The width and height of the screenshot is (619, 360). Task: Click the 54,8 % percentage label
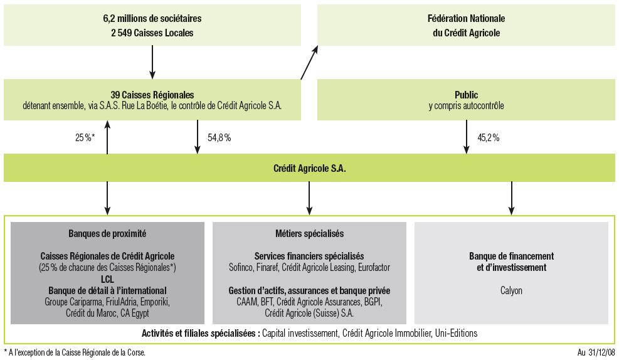[x=219, y=138]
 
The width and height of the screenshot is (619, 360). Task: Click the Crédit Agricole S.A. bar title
[x=309, y=169]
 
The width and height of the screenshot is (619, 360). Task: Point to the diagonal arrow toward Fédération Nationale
[x=309, y=63]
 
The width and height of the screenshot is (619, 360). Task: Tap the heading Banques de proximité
[x=107, y=233]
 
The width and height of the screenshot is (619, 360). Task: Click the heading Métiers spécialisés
[x=309, y=233]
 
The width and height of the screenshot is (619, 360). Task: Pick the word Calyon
[x=511, y=290]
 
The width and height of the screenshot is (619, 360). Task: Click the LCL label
[x=107, y=279]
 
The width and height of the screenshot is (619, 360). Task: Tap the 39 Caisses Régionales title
[x=152, y=95]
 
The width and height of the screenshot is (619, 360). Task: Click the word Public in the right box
[x=466, y=95]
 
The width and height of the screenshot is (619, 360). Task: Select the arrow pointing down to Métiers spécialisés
[x=309, y=199]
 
